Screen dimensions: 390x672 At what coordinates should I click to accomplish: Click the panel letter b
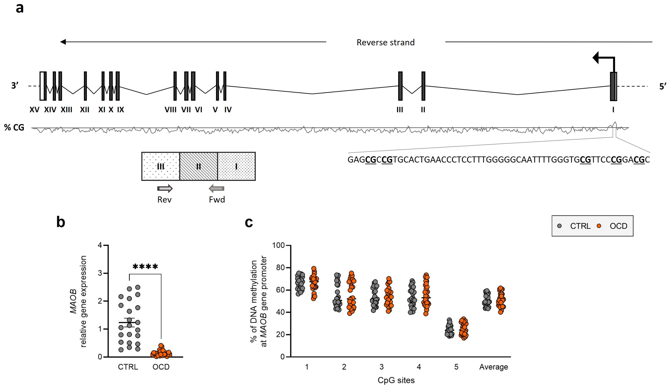pos(61,222)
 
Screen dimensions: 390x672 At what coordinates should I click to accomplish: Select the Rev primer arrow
pos(165,189)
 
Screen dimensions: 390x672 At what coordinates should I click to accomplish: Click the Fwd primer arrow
pos(217,189)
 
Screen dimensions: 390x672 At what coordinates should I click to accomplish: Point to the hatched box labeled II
pos(199,167)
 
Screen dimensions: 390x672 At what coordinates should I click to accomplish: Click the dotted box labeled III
pos(161,167)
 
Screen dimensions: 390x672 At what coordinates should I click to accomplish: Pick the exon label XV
pos(35,110)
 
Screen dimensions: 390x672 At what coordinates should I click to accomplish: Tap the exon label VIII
pos(170,110)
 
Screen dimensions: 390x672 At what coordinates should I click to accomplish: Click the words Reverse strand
pos(386,43)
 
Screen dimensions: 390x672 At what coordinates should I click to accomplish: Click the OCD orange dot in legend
pos(599,226)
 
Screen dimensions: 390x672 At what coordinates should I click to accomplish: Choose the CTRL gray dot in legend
pos(560,226)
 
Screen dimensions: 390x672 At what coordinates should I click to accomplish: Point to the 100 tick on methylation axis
pos(278,245)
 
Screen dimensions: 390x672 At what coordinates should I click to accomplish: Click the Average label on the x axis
pos(493,367)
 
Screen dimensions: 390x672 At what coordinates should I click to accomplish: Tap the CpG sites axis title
pos(396,380)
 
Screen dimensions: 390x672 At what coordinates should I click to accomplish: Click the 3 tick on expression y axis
pos(100,273)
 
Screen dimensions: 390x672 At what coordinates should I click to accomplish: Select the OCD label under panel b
pos(161,367)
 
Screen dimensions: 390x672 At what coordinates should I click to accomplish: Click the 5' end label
pos(663,86)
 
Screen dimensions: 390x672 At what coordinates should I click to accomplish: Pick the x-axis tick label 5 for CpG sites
pos(456,367)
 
